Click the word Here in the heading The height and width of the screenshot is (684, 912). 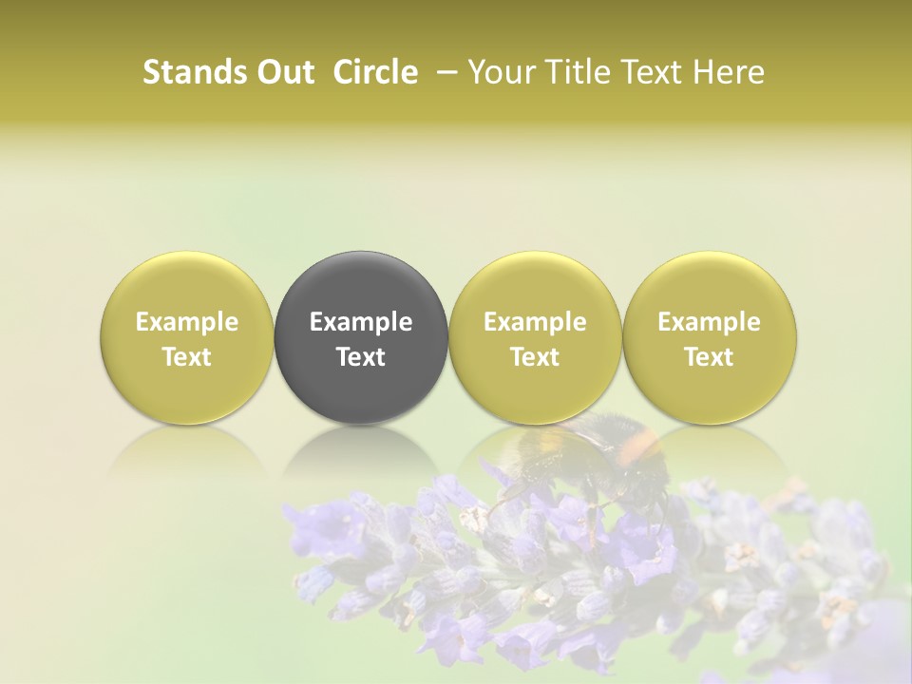coord(730,72)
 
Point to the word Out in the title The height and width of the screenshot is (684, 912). coord(284,72)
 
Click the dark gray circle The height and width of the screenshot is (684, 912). coord(361,337)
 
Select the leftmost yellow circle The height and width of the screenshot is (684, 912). coord(187,337)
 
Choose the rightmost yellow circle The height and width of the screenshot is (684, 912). coord(709,337)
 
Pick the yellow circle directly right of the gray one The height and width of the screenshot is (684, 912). coord(535,337)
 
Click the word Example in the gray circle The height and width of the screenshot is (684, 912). coord(361,322)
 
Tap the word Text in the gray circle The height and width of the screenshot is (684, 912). coord(361,357)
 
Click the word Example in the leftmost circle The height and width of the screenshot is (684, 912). coord(187,322)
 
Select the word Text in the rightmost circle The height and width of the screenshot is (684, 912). coord(709,357)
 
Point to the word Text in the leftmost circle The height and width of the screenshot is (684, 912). coord(187,357)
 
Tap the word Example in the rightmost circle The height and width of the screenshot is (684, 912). coord(709,322)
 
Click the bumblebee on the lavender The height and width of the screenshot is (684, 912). coord(589,456)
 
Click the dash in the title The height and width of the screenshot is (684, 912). coord(444,72)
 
